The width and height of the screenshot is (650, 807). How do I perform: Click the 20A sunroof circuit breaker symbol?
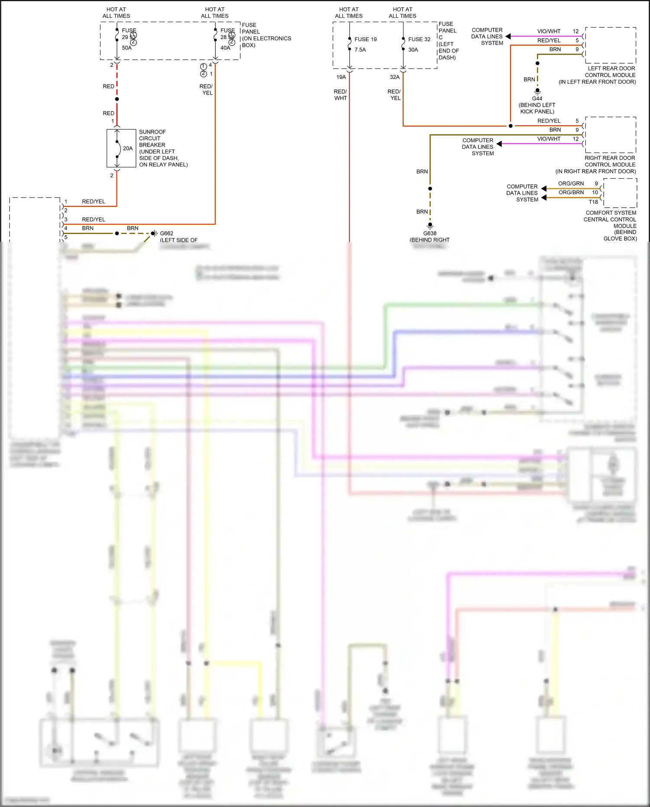point(117,148)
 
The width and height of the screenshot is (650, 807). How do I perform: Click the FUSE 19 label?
point(365,39)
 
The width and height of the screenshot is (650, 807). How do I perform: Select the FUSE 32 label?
point(419,39)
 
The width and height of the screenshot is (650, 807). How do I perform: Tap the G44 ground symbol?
point(537,91)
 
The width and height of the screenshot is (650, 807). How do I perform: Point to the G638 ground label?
point(429,233)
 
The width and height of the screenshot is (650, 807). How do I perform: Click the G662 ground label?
point(166,233)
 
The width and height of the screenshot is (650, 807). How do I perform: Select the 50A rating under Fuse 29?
point(127,48)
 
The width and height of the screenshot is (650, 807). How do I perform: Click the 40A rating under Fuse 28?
point(225,48)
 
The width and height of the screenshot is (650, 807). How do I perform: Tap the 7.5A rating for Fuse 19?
point(360,50)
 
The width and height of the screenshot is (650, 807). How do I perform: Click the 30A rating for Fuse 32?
point(413,50)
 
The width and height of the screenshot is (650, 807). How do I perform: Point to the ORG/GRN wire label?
point(571,183)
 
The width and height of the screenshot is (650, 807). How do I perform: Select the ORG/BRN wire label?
point(571,193)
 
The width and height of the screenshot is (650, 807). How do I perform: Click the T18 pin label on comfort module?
point(593,202)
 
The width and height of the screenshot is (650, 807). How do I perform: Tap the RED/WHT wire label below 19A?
point(340,95)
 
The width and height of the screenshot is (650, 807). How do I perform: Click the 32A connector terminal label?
point(394,77)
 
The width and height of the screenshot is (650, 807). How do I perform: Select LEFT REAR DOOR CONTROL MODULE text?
point(611,72)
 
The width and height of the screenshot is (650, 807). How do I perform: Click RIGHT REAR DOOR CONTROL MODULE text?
point(610,161)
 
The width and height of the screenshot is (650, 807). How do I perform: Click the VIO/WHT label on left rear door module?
point(549,31)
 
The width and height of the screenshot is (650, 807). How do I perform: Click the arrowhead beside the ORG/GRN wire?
point(544,188)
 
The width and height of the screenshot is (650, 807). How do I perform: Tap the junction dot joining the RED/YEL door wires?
point(510,126)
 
